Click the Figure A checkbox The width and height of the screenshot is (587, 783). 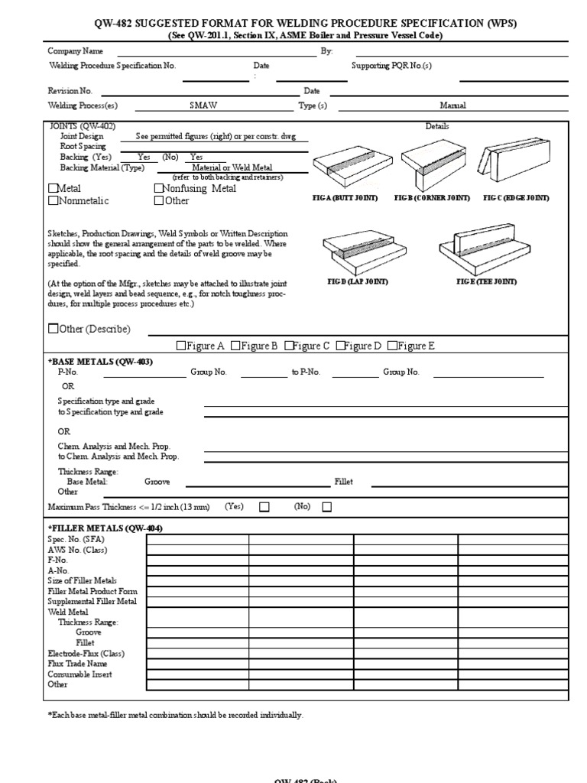pyautogui.click(x=181, y=346)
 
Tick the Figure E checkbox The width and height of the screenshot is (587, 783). pyautogui.click(x=392, y=346)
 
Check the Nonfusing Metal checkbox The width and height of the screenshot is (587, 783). pyautogui.click(x=159, y=188)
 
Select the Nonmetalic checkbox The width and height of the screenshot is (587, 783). pyautogui.click(x=53, y=201)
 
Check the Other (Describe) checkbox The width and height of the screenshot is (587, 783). pyautogui.click(x=53, y=329)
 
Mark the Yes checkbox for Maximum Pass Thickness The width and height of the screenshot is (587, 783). pyautogui.click(x=264, y=506)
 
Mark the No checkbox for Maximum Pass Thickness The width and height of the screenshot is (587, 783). pyautogui.click(x=327, y=506)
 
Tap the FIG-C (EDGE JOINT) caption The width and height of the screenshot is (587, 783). pyautogui.click(x=516, y=198)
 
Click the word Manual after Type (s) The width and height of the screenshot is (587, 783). pyautogui.click(x=452, y=106)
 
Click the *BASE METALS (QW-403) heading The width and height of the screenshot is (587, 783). pyautogui.click(x=101, y=362)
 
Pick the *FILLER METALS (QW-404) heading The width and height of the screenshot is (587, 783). pyautogui.click(x=105, y=528)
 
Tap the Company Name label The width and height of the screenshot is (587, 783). pyautogui.click(x=76, y=51)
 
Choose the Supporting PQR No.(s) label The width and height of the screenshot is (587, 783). pyautogui.click(x=391, y=66)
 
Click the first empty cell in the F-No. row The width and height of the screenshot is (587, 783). pyautogui.click(x=197, y=570)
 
